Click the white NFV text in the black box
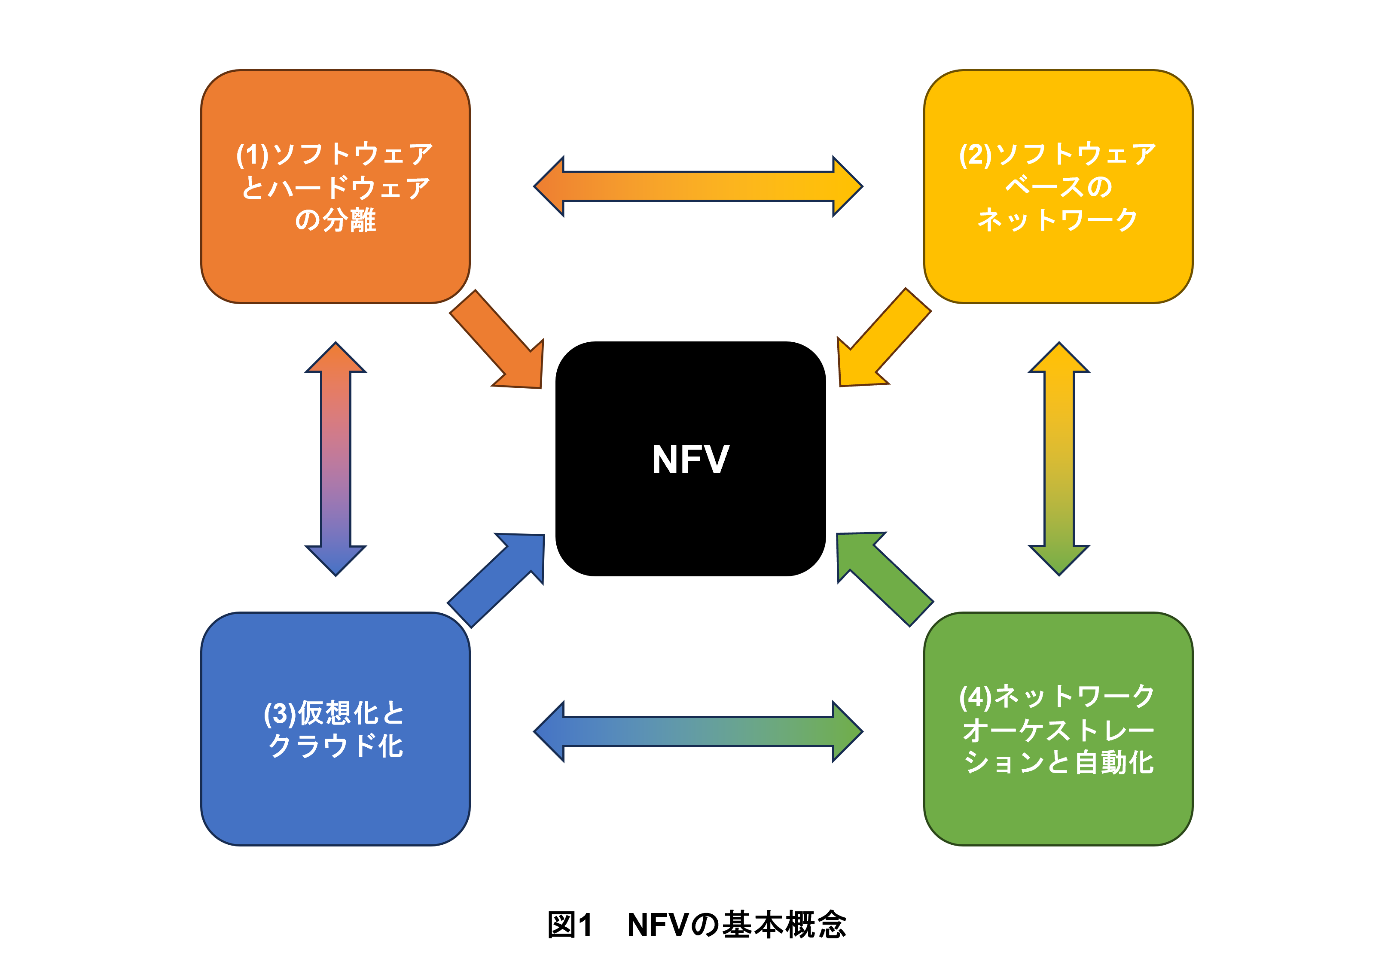coord(690,460)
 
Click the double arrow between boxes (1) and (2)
coord(698,187)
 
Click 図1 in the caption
coord(570,925)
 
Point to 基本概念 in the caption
coord(784,925)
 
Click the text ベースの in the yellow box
coord(1058,186)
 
